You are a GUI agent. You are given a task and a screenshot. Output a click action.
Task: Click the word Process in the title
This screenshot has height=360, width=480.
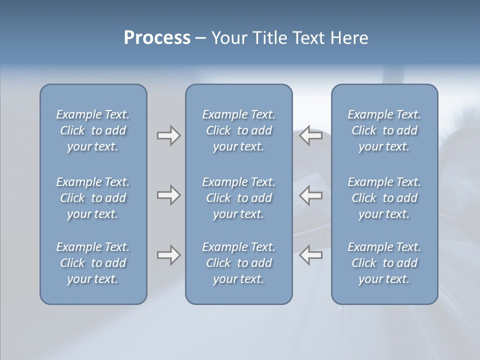(x=157, y=38)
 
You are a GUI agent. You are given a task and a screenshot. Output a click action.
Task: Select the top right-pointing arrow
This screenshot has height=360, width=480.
(x=168, y=135)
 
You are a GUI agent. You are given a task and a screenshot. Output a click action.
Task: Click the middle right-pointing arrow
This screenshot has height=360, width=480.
(x=168, y=195)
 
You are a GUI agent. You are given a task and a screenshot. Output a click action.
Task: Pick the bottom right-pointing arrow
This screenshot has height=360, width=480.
(x=168, y=255)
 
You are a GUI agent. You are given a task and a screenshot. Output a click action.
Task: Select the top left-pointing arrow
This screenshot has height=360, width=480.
(x=311, y=135)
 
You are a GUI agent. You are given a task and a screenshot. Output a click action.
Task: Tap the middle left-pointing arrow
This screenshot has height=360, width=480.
(x=311, y=195)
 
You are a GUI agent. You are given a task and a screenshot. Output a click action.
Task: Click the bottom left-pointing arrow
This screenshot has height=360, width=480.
(x=311, y=255)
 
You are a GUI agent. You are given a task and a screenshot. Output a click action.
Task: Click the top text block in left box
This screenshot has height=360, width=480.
(x=93, y=130)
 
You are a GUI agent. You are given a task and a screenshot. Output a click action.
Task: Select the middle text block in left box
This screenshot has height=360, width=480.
(x=93, y=198)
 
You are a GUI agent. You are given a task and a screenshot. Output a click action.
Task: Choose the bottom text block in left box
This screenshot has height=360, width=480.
(x=93, y=263)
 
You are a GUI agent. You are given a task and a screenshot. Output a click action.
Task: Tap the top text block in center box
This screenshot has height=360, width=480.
(x=238, y=130)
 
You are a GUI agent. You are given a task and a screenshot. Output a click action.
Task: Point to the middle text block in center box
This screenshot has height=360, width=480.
(x=238, y=198)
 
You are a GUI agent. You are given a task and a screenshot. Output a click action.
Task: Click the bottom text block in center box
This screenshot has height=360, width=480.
(x=238, y=263)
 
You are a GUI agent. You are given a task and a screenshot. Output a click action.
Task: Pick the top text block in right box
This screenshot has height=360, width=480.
(x=384, y=130)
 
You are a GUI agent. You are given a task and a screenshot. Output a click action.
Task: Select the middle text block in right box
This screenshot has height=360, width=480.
(x=384, y=198)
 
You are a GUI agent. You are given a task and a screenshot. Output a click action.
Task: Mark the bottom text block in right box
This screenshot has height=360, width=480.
(x=384, y=263)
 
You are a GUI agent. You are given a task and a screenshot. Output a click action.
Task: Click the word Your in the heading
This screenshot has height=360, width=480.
(x=227, y=38)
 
